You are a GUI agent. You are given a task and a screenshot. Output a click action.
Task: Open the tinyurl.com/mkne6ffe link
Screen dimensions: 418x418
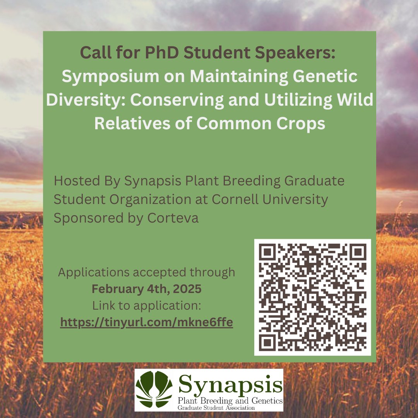(x=146, y=322)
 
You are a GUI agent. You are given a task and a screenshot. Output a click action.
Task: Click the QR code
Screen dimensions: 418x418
(x=312, y=297)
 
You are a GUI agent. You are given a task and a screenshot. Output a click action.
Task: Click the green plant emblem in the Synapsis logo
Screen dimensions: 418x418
(x=154, y=389)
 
